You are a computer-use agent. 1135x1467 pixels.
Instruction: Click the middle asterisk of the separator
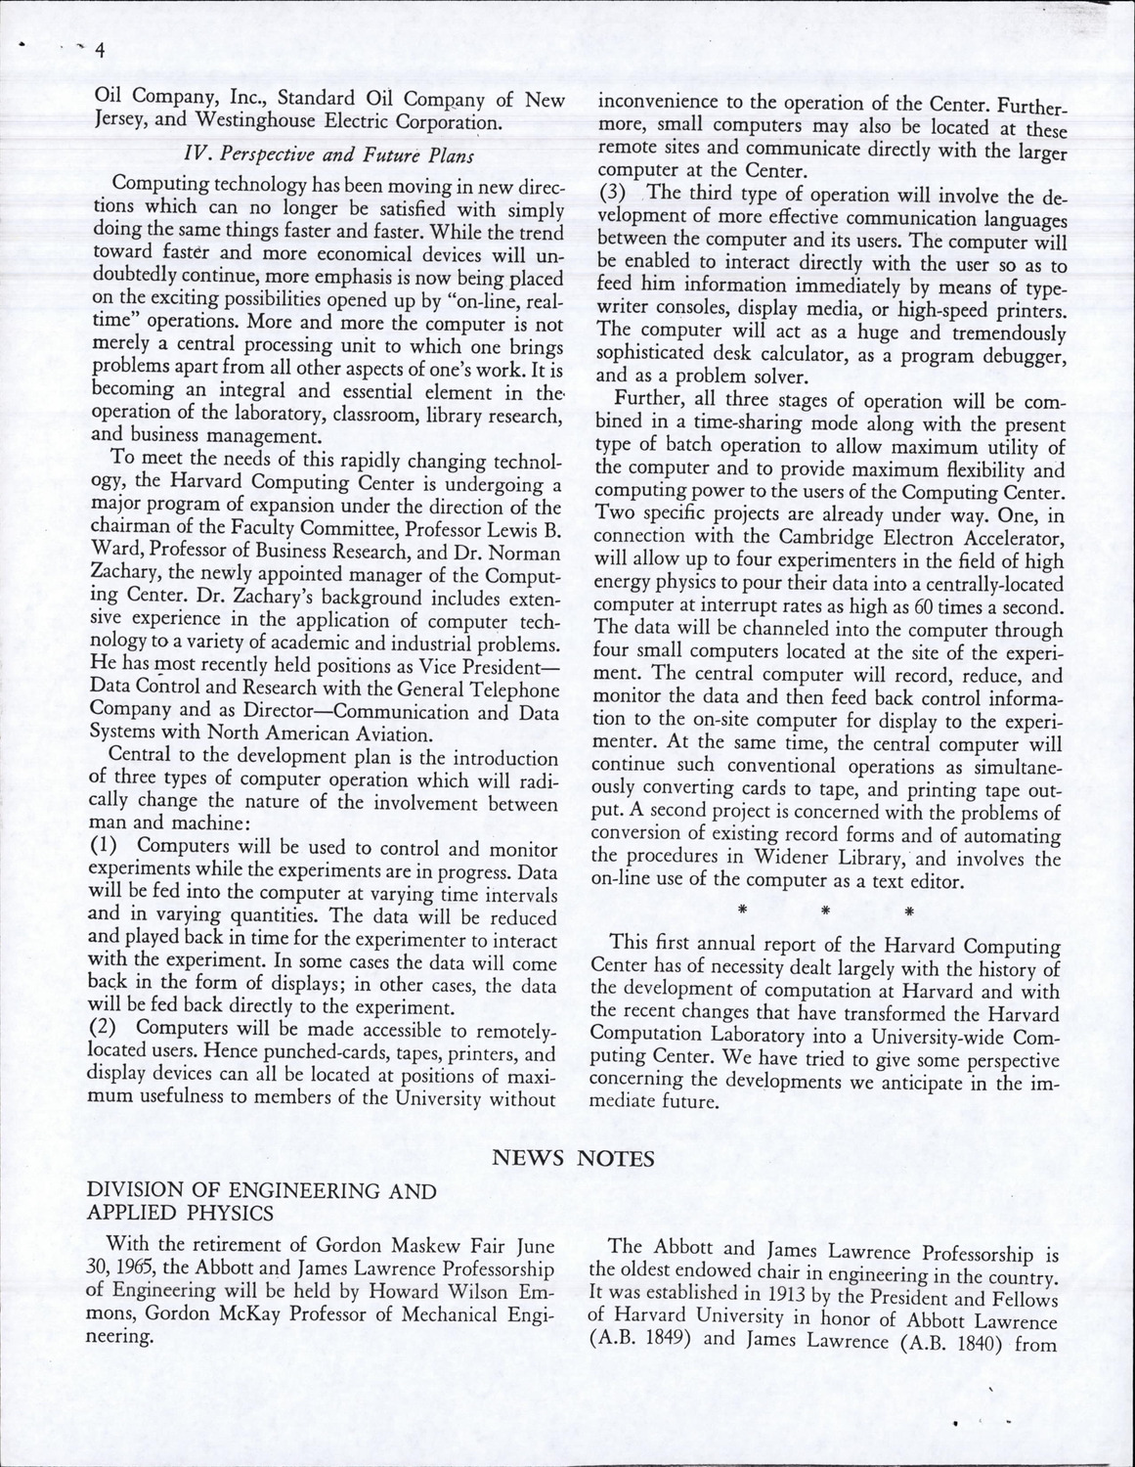click(x=825, y=912)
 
